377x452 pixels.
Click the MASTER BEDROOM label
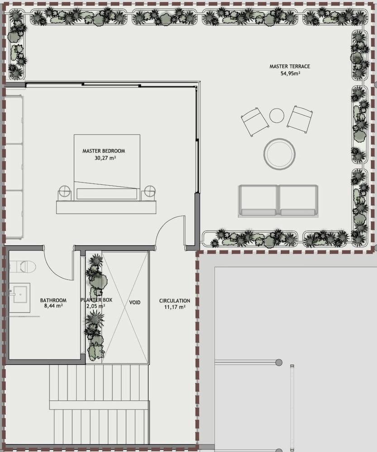(x=103, y=151)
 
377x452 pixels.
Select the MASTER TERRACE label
(x=290, y=66)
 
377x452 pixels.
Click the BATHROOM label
(x=53, y=300)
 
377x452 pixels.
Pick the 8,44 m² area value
(x=53, y=306)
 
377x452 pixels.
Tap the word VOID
(x=135, y=302)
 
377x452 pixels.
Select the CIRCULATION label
(x=175, y=301)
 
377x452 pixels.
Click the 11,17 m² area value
(x=174, y=307)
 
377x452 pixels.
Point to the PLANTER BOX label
(x=96, y=300)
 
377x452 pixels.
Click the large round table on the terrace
(x=280, y=154)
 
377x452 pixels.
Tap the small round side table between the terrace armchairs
(x=277, y=116)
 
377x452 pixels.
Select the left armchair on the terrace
(x=255, y=122)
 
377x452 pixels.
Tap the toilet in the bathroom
(x=25, y=267)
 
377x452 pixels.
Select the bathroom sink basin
(x=18, y=294)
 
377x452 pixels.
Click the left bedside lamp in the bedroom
(x=65, y=193)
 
